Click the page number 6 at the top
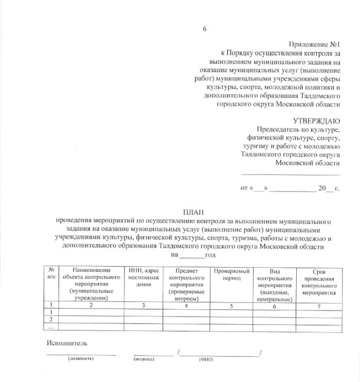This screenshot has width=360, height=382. coord(204,28)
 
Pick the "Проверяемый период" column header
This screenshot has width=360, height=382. coord(231,274)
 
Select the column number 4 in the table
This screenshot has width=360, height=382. coord(187,306)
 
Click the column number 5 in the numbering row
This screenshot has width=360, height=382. coord(231,306)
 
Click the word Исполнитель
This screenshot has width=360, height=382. coord(66,343)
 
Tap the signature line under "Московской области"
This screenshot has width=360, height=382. coord(291,174)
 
